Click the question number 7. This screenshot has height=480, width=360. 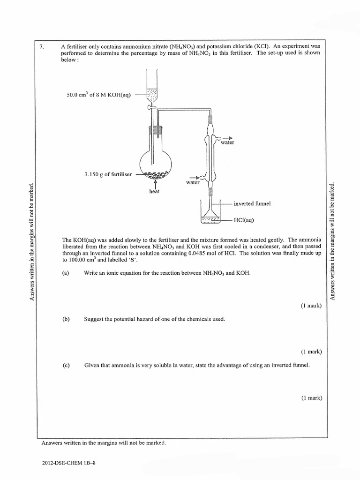point(43,46)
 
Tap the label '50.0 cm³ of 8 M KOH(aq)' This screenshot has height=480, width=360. point(99,96)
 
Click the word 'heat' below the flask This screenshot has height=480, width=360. point(154,191)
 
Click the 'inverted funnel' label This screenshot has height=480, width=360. point(252,203)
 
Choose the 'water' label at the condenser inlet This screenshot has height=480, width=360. point(193,183)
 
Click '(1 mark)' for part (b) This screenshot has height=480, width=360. point(311,352)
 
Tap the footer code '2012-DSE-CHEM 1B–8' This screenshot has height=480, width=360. point(68,463)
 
